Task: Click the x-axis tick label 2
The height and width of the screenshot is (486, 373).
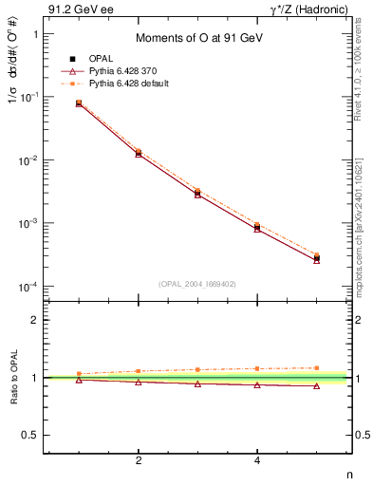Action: click(139, 462)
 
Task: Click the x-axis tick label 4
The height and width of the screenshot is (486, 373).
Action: click(257, 462)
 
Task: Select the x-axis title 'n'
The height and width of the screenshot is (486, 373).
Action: click(349, 474)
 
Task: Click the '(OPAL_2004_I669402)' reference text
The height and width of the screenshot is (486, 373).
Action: click(196, 282)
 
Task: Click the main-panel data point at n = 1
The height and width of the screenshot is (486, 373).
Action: click(79, 103)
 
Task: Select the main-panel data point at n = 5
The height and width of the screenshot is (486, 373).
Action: click(316, 257)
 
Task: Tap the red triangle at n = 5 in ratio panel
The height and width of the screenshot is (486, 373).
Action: click(316, 385)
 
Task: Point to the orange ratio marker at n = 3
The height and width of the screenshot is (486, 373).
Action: click(197, 369)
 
